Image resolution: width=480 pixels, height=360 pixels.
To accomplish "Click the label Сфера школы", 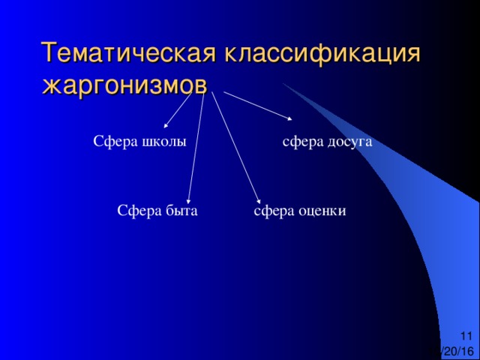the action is pos(139,142).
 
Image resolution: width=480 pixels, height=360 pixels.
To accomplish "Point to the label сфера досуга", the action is pos(327,142).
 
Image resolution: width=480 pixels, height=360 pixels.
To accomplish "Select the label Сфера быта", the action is pos(157,211).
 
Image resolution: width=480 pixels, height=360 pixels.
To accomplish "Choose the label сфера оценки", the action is pos(300,211).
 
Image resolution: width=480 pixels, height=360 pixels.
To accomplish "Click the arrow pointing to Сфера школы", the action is pos(178,110).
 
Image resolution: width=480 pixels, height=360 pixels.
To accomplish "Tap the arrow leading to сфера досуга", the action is pos(258,106).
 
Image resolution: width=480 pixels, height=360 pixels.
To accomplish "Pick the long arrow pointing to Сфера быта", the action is pos(196,148).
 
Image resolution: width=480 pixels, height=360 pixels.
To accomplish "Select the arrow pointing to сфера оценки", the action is pos(236,148).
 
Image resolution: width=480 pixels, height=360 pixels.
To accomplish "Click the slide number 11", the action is pos(466,336).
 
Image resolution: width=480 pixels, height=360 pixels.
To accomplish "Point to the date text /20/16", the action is pos(457,351).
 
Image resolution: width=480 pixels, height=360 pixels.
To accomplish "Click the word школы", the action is pos(164,142).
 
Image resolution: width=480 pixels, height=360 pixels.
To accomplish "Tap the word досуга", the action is pos(350,142).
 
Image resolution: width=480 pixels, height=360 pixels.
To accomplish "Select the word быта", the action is pos(181,211).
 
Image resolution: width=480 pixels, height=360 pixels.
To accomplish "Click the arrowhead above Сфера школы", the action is pos(166,125).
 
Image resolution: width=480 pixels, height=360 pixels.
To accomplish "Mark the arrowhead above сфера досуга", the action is pos(289,119).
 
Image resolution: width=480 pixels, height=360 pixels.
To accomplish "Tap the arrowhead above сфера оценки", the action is pos(259,202).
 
